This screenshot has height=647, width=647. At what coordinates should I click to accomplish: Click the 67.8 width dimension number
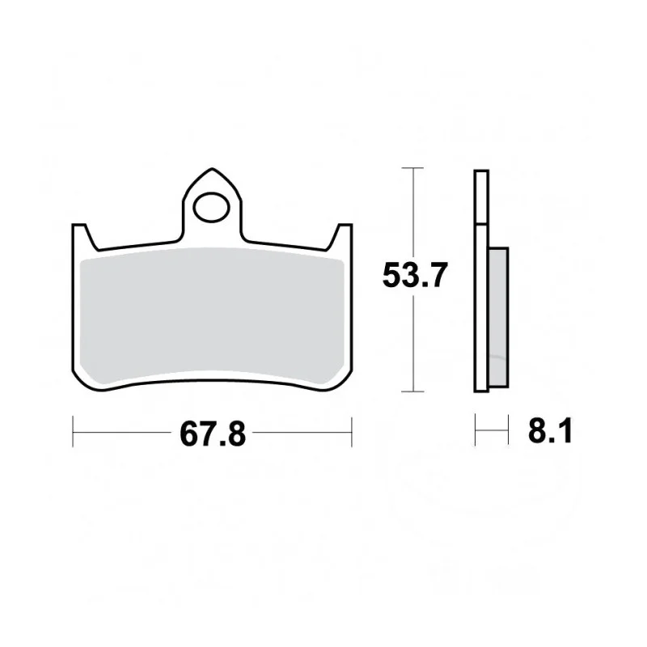pos(213,434)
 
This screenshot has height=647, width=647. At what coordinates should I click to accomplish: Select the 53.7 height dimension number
pos(414,275)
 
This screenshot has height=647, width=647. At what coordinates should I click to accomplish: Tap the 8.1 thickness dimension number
pos(551,430)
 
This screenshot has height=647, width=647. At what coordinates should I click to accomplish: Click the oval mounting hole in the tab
pos(211,208)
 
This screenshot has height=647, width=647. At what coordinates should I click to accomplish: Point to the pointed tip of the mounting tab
pos(212,169)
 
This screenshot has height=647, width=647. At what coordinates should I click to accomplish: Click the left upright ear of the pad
pos(82,236)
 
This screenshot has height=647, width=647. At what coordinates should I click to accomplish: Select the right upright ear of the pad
pos(341,236)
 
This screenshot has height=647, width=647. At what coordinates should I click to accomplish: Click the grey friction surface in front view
pos(212,315)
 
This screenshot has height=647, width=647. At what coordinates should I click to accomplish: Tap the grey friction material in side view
pos(498,317)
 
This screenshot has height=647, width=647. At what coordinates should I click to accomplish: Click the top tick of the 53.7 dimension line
pos(412,168)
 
